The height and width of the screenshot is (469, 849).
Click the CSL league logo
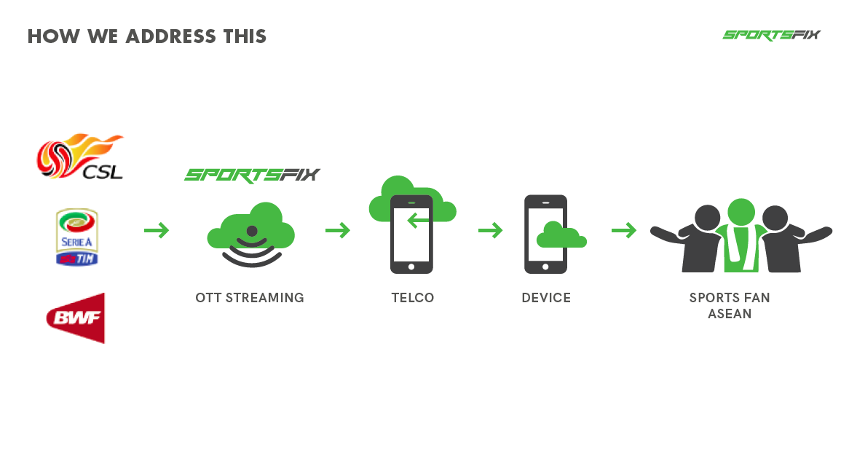click(x=80, y=156)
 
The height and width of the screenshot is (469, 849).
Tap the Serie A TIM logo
click(x=77, y=237)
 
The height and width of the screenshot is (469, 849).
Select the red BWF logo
click(x=76, y=318)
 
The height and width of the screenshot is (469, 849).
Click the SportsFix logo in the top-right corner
click(x=772, y=35)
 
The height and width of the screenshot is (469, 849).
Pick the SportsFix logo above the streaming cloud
click(x=253, y=175)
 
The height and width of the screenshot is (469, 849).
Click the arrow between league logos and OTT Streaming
click(x=157, y=231)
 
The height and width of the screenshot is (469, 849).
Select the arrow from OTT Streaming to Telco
click(x=338, y=231)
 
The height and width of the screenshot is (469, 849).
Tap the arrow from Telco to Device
click(x=491, y=231)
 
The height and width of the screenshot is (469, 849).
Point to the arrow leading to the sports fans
click(x=624, y=231)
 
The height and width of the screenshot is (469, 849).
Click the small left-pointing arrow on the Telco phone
click(x=418, y=221)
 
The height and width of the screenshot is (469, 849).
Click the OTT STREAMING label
click(x=250, y=298)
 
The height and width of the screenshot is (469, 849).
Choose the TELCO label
click(x=413, y=298)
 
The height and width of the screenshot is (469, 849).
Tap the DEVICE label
click(x=546, y=298)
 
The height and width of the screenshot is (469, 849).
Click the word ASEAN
click(x=730, y=314)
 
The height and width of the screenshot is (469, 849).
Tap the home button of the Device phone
click(x=545, y=267)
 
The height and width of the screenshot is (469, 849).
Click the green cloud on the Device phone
click(x=561, y=235)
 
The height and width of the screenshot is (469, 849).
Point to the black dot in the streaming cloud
click(x=252, y=232)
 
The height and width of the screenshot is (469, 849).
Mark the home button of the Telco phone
click(x=411, y=267)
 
